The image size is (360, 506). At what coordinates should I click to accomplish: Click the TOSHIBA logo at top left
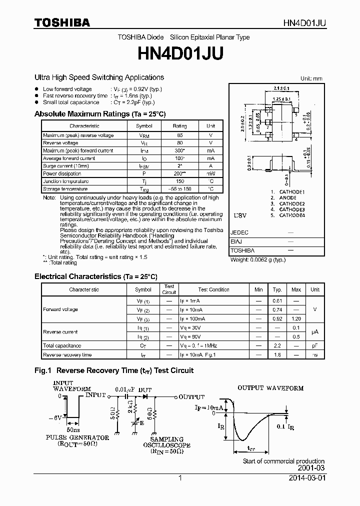[62, 22]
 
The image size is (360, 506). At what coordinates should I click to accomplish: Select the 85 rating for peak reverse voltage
[179, 135]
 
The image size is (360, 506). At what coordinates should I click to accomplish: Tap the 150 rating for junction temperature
[179, 181]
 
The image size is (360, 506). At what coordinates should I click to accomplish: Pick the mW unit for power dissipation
[210, 174]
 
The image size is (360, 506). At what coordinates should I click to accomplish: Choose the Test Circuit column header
[169, 289]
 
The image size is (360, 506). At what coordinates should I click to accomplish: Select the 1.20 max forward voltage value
[296, 318]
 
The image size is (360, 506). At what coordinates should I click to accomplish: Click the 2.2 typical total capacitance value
[277, 345]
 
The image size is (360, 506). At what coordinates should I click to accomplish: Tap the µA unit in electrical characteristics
[314, 331]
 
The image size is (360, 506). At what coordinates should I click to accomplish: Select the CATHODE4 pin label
[291, 215]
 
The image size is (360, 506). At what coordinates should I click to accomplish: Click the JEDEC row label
[239, 233]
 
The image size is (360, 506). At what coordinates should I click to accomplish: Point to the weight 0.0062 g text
[257, 260]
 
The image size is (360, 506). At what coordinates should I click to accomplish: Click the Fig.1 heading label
[43, 370]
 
